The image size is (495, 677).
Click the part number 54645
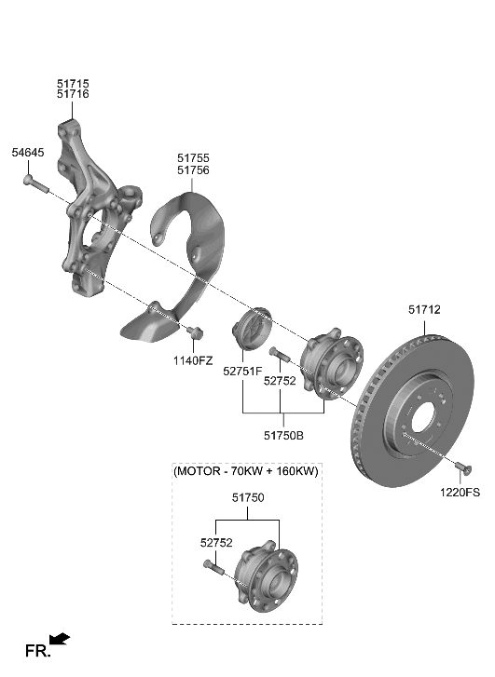[x=27, y=152]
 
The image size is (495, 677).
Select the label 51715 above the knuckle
[x=73, y=83]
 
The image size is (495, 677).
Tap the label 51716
[x=73, y=95]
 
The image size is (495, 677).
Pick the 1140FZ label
[x=192, y=360]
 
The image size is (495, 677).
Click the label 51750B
[x=282, y=434]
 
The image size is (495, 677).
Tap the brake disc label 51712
[x=424, y=309]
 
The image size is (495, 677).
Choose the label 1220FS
[x=461, y=493]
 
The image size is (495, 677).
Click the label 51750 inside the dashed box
[x=249, y=498]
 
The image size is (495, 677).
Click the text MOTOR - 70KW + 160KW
[x=246, y=472]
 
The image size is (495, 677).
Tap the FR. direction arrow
[x=59, y=639]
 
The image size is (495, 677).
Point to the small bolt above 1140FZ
[x=194, y=332]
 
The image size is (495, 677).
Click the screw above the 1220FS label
[x=461, y=466]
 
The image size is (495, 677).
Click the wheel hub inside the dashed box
[x=265, y=575]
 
